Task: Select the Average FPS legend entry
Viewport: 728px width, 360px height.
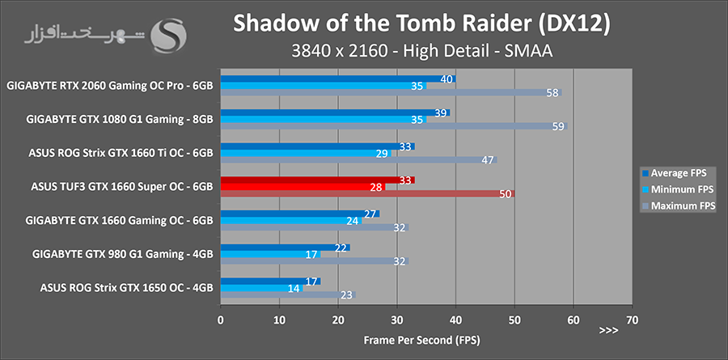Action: tap(678, 172)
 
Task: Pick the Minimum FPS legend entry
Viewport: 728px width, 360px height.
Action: tap(678, 189)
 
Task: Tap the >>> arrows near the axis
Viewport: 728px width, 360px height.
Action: tap(608, 331)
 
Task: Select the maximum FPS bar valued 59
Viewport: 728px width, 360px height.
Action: tap(394, 126)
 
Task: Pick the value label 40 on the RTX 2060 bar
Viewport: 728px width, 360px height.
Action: tap(447, 78)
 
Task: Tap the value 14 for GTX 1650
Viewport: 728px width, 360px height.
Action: tap(294, 287)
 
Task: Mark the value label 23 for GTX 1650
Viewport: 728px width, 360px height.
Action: tap(346, 295)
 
